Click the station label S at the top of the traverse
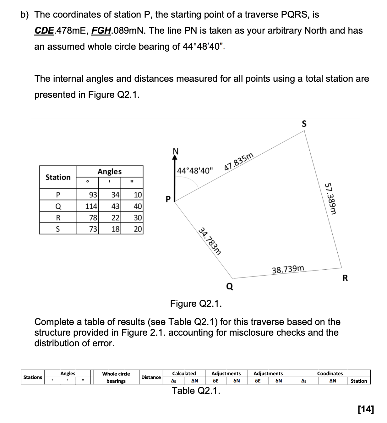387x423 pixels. pyautogui.click(x=304, y=124)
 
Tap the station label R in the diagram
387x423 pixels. pyautogui.click(x=345, y=278)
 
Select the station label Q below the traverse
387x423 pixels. pyautogui.click(x=230, y=286)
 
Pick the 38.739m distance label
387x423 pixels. pyautogui.click(x=288, y=269)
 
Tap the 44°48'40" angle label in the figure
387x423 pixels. pyautogui.click(x=195, y=171)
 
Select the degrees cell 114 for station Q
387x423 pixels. pyautogui.click(x=91, y=206)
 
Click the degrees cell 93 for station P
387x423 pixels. pyautogui.click(x=93, y=195)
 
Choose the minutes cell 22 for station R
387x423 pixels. pyautogui.click(x=115, y=218)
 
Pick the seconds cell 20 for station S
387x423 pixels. pyautogui.click(x=138, y=229)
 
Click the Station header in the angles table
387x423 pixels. pyautogui.click(x=58, y=177)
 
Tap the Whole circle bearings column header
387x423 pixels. pyautogui.click(x=116, y=377)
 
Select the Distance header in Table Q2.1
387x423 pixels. pyautogui.click(x=151, y=377)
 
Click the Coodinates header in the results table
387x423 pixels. pyautogui.click(x=330, y=373)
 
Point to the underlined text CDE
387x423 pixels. pyautogui.click(x=44, y=31)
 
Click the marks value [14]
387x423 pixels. pyautogui.click(x=366, y=409)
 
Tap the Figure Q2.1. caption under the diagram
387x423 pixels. pyautogui.click(x=196, y=304)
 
